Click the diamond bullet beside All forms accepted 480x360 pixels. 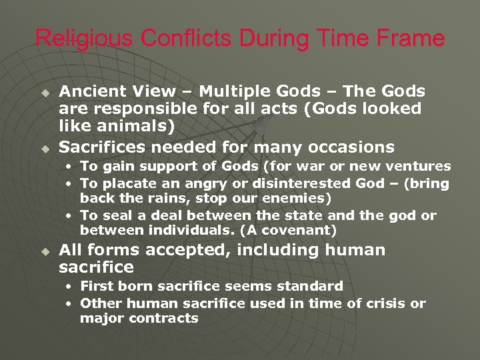tap(45, 251)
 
